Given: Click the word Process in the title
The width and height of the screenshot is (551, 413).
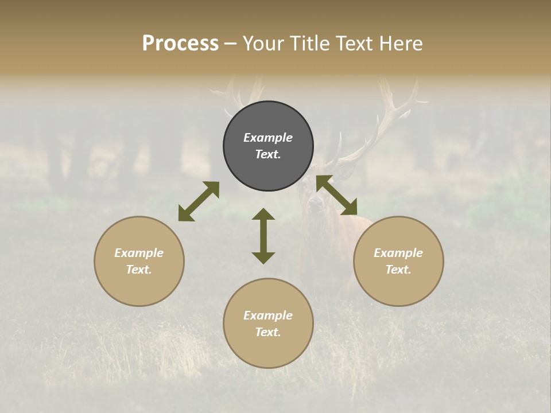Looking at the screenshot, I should click(x=180, y=44).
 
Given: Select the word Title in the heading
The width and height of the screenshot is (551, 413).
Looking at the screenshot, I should click(x=311, y=44).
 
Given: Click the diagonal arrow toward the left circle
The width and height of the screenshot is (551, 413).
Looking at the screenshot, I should click(x=199, y=201).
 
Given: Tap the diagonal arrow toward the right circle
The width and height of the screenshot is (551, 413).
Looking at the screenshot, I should click(x=336, y=195).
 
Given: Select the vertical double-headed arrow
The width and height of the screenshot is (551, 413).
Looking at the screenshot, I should click(x=263, y=236).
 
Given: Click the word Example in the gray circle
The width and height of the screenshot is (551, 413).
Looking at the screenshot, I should click(x=268, y=138).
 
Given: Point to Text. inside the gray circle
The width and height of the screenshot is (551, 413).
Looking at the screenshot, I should click(x=268, y=154).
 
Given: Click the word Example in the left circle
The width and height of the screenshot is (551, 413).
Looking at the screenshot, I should click(x=139, y=253).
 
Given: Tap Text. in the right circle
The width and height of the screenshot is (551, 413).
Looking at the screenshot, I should click(x=398, y=270).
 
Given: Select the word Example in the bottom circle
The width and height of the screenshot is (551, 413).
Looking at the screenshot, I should click(x=268, y=315).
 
